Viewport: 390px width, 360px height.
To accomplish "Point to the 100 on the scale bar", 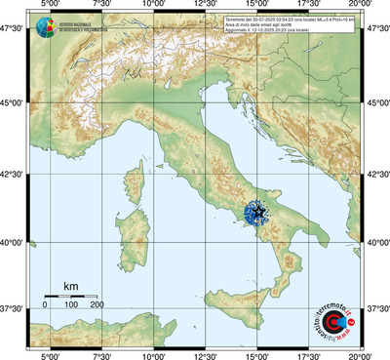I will click(x=71, y=305).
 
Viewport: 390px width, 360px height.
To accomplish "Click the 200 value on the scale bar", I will click(x=97, y=305).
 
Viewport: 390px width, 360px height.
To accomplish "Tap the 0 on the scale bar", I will click(x=45, y=305).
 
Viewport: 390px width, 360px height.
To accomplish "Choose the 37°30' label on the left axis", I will click(x=13, y=308).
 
